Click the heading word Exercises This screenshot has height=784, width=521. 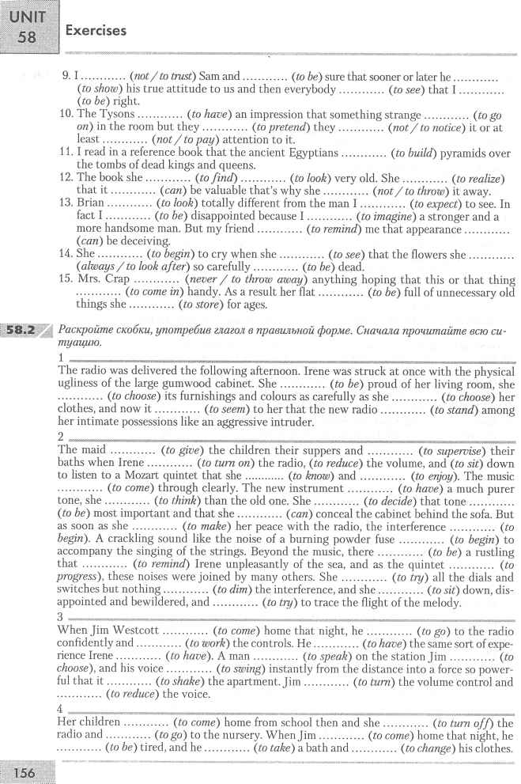tap(96, 31)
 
